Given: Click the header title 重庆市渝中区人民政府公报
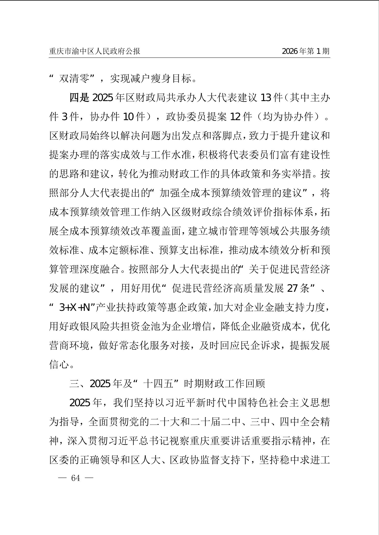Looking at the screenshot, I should coord(95,51).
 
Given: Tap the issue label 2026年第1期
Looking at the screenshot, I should coord(306,51).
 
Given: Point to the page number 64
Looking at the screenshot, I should coord(76,478).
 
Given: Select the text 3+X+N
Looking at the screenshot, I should coord(75,307).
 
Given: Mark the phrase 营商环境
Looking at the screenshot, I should coord(69,346).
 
